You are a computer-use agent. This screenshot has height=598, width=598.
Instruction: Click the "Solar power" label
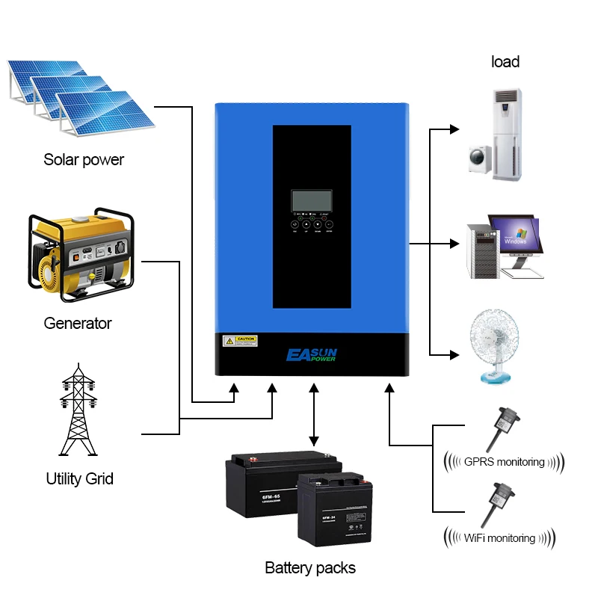click(84, 160)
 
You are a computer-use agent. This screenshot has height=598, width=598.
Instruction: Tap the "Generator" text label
click(78, 324)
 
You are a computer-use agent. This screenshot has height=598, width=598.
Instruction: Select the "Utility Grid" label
click(80, 478)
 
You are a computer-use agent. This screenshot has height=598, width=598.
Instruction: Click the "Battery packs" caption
click(310, 568)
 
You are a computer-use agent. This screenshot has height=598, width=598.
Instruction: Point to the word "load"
click(505, 62)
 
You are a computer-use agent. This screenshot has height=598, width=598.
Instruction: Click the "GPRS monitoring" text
click(504, 461)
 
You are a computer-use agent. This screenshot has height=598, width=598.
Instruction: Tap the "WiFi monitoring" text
click(499, 537)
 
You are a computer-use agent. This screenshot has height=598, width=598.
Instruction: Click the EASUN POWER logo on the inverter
click(312, 354)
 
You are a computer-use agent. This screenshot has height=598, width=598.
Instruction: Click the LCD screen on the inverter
click(312, 202)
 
